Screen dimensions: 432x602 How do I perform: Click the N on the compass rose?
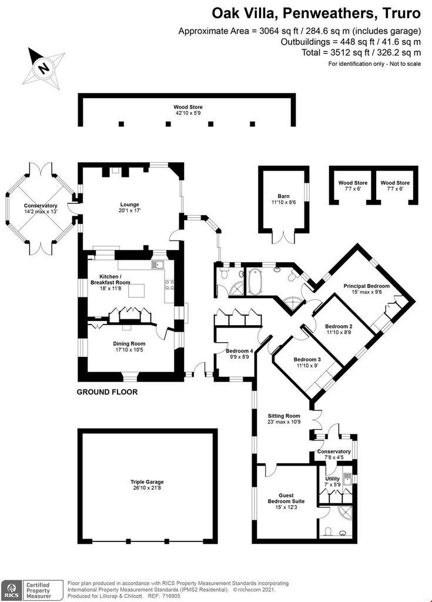(x=44, y=68)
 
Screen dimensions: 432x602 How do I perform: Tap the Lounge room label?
(x=129, y=205)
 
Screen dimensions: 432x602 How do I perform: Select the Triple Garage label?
(x=147, y=482)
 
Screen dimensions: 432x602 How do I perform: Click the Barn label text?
(x=283, y=196)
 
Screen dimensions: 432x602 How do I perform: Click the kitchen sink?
(x=158, y=264)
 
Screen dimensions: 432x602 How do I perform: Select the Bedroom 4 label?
(x=239, y=351)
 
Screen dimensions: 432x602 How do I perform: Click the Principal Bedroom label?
(x=366, y=286)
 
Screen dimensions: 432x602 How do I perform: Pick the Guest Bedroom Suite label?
(x=286, y=499)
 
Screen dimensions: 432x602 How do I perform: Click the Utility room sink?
(x=347, y=479)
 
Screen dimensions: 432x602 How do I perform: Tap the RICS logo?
(x=12, y=590)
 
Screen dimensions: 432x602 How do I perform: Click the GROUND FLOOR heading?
(x=107, y=392)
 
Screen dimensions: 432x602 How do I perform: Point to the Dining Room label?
(x=129, y=343)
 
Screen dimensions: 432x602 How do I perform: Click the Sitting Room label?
(x=284, y=416)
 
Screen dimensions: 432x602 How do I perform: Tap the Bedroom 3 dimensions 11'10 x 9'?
(x=307, y=366)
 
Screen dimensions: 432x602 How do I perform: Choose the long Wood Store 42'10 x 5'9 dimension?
(x=187, y=113)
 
